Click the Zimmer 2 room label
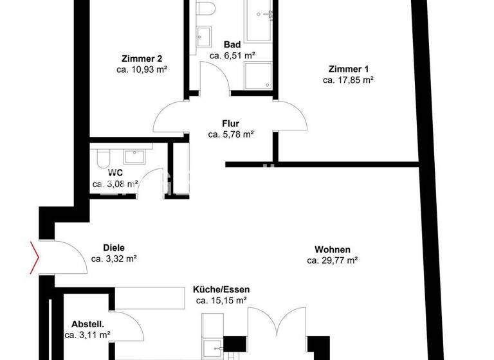coord(137,59)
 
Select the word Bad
coord(232,44)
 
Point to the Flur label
coord(231,123)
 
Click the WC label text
coord(116,172)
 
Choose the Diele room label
coord(114,248)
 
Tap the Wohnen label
coord(332,249)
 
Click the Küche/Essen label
coord(221,289)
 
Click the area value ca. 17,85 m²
coord(348,80)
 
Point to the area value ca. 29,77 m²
coord(332,260)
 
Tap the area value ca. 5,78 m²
coord(231,134)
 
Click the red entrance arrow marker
coord(34,256)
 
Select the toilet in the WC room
coord(102,158)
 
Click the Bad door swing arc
coord(215,80)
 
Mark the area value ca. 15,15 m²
coord(221,300)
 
